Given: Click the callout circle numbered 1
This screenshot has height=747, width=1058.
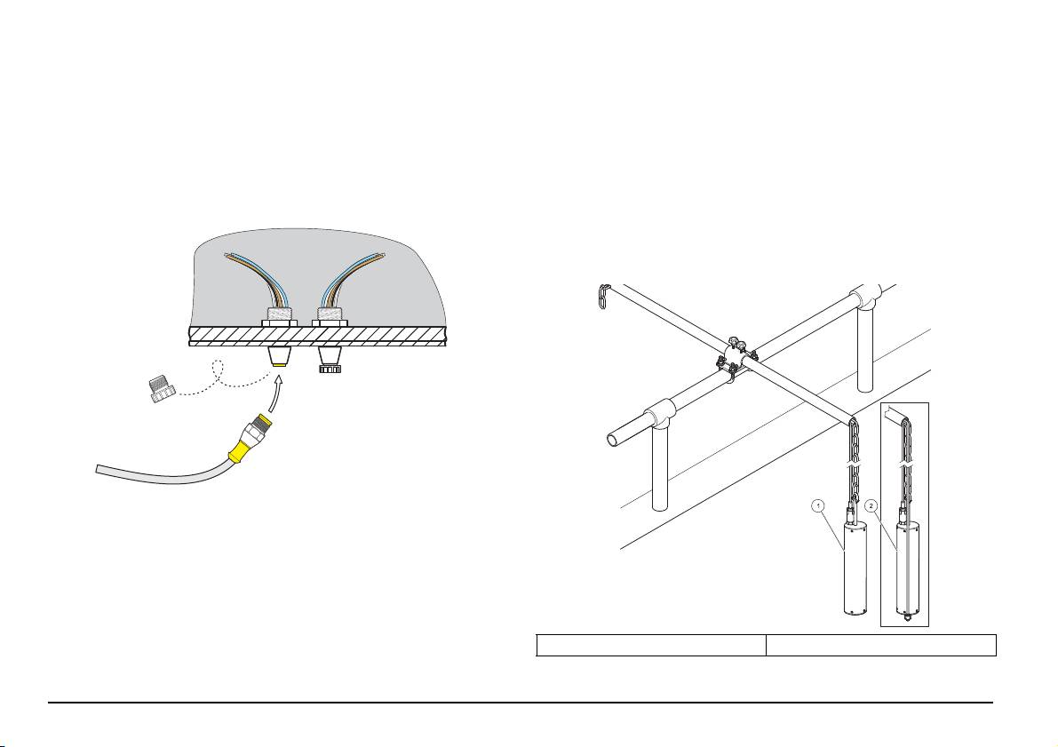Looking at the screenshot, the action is (818, 505).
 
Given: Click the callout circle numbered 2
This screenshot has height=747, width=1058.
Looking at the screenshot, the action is (871, 505).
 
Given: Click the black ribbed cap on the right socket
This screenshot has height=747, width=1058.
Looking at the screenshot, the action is (330, 369).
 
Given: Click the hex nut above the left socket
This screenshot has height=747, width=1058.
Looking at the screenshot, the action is (279, 322).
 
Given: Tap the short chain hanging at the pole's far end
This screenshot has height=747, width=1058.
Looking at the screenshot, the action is (602, 297).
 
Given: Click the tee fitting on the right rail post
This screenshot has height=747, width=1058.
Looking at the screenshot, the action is (866, 297).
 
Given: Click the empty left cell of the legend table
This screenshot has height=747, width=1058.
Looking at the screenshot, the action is (651, 645).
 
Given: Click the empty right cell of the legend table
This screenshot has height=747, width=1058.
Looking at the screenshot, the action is (881, 645).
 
